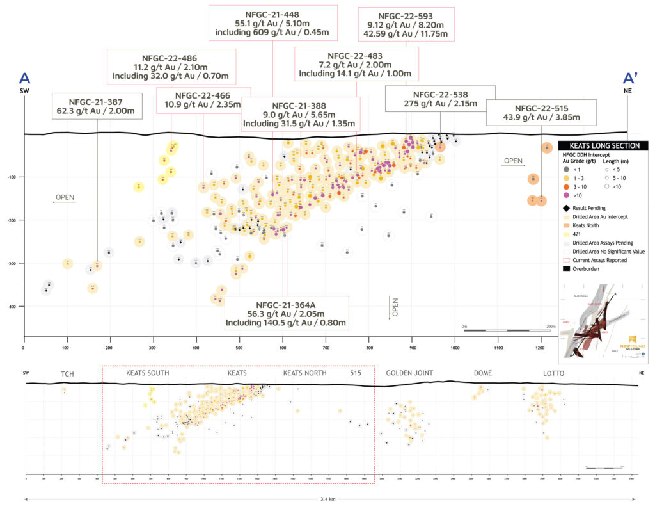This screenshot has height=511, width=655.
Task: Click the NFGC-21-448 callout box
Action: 272,24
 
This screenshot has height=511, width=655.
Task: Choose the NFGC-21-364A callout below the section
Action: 286,312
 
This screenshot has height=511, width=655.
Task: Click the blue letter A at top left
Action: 24,78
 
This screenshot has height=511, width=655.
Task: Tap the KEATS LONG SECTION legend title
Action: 603,146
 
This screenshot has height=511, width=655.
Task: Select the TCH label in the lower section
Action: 67,373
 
